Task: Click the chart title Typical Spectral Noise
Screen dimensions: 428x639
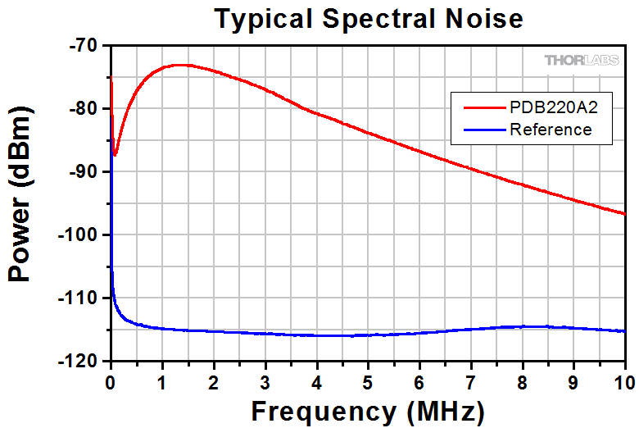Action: [368, 19]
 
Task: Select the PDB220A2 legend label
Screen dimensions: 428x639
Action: [550, 107]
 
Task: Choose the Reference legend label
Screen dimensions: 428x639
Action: [550, 130]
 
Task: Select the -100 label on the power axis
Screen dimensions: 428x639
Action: [83, 234]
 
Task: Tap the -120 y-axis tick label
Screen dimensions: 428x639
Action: [83, 361]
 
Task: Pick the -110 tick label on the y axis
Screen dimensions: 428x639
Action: [83, 298]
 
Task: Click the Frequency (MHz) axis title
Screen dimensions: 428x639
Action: [367, 409]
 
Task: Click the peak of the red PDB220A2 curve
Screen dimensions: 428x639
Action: [178, 64]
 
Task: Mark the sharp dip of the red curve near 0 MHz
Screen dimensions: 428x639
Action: [116, 154]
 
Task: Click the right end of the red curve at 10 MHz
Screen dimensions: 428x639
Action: [624, 213]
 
